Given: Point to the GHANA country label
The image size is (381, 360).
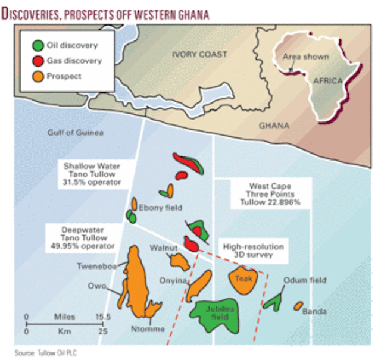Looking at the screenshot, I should coord(274,126).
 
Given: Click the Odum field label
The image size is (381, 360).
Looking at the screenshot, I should coord(305,280).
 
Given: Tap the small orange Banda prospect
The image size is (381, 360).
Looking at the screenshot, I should coord(298,306).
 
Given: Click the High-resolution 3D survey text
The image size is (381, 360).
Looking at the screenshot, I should coord(254,250).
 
